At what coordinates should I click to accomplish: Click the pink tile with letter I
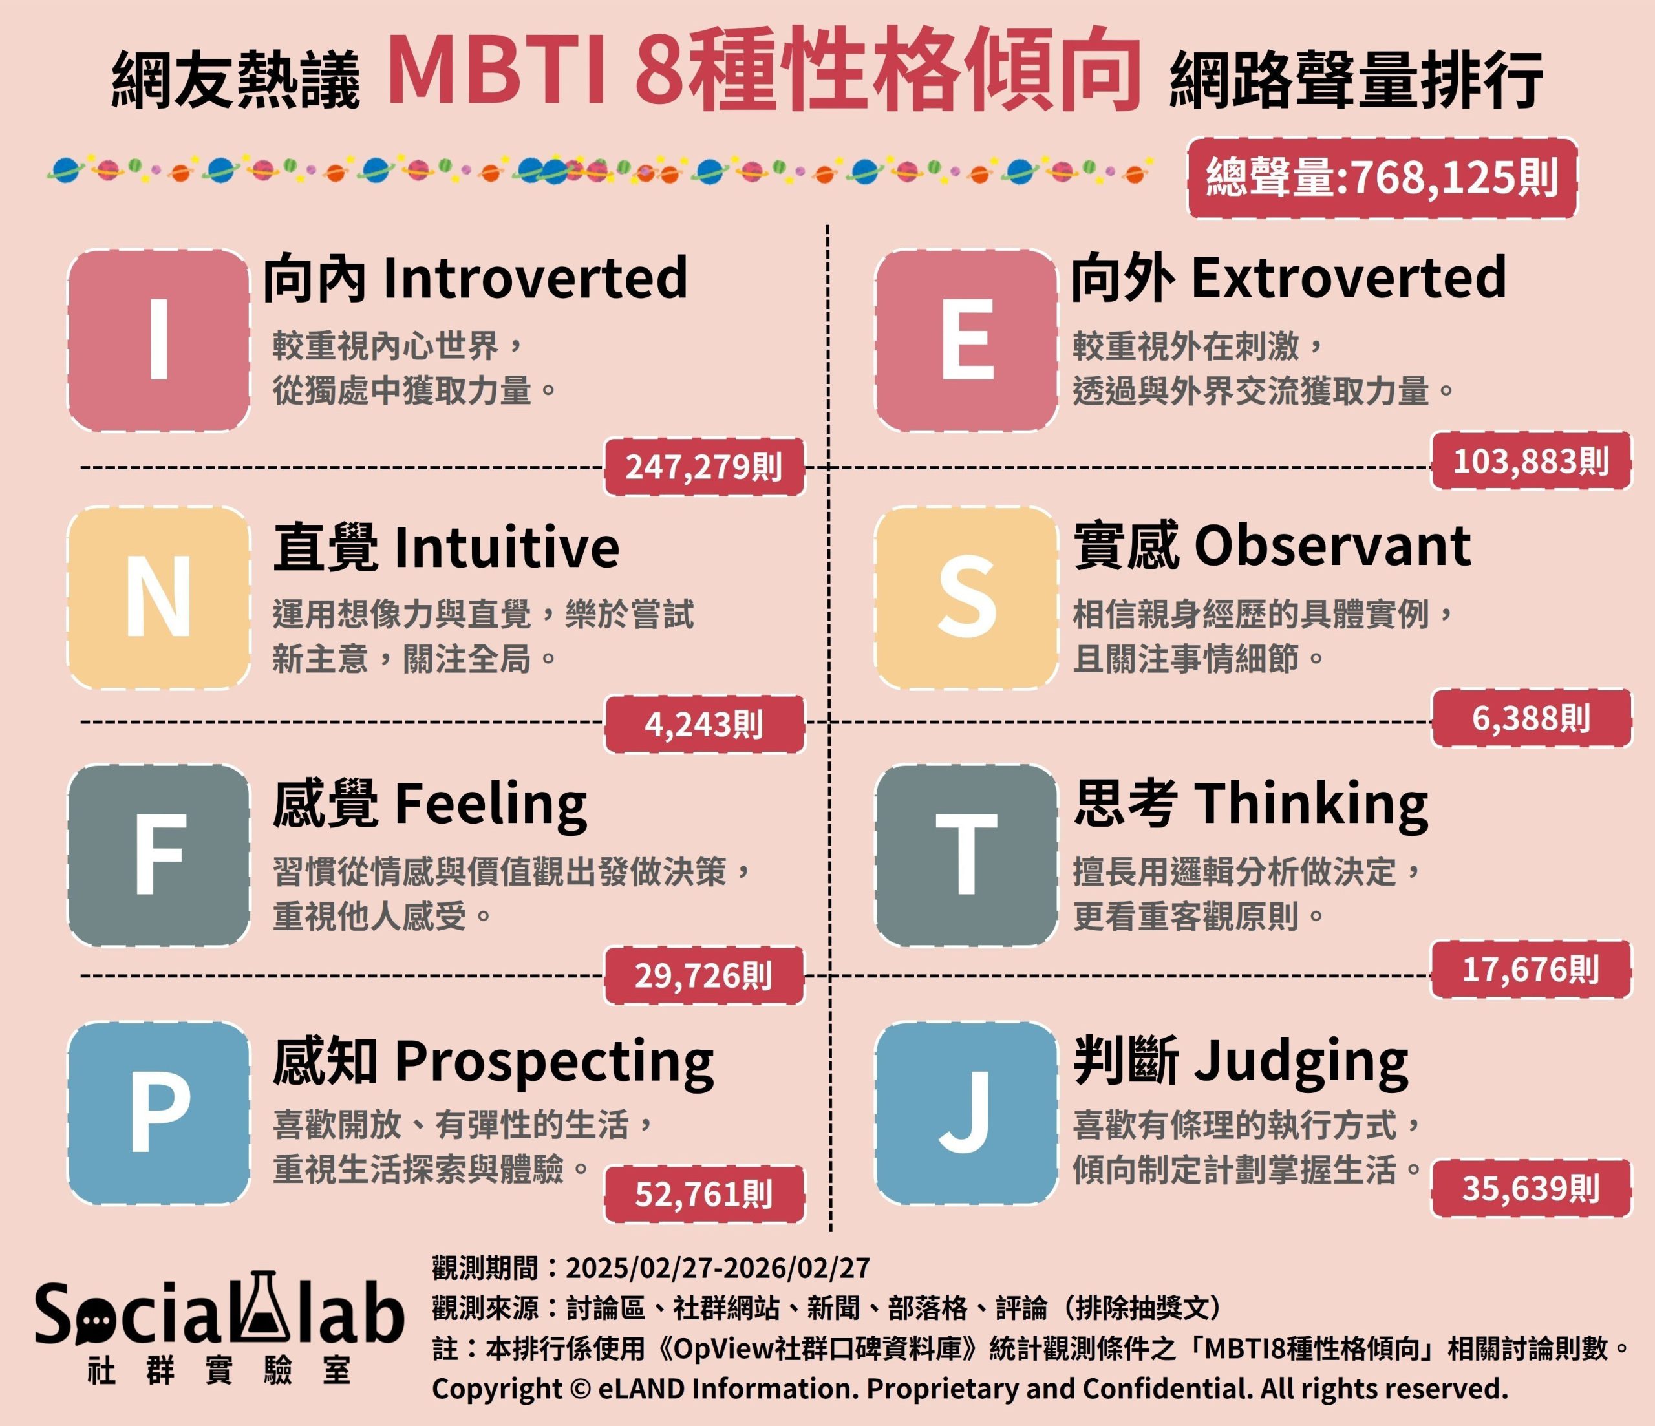pos(159,340)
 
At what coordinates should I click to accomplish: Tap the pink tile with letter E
pos(966,340)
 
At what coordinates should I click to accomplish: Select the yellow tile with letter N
pos(159,597)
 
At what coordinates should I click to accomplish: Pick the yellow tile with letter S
pos(966,597)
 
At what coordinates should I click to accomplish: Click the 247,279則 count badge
pos(703,467)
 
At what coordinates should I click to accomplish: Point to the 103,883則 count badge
pos(1530,461)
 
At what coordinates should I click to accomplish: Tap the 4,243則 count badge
pos(703,724)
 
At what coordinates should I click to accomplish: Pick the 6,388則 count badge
pos(1530,718)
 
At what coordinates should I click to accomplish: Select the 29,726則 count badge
pos(703,975)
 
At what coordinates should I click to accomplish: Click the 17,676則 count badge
pos(1530,970)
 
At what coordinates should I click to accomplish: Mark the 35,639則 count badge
pos(1530,1189)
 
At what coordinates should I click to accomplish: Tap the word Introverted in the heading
pos(535,277)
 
